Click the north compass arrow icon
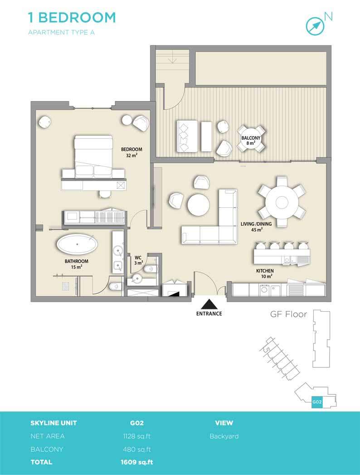tap(315, 26)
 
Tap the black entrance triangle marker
tap(209, 304)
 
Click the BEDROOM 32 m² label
tap(131, 152)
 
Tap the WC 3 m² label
tap(138, 260)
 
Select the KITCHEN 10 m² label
tap(265, 274)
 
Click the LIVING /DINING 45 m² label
tap(256, 226)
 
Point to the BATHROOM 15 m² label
tap(76, 264)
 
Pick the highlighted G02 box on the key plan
tap(317, 402)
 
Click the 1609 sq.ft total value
tap(137, 462)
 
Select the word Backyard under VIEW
tap(224, 436)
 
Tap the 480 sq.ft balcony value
tap(137, 450)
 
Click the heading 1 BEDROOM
tap(72, 18)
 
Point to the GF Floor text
tap(288, 314)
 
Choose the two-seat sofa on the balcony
tap(187, 136)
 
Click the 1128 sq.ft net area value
tap(137, 436)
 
